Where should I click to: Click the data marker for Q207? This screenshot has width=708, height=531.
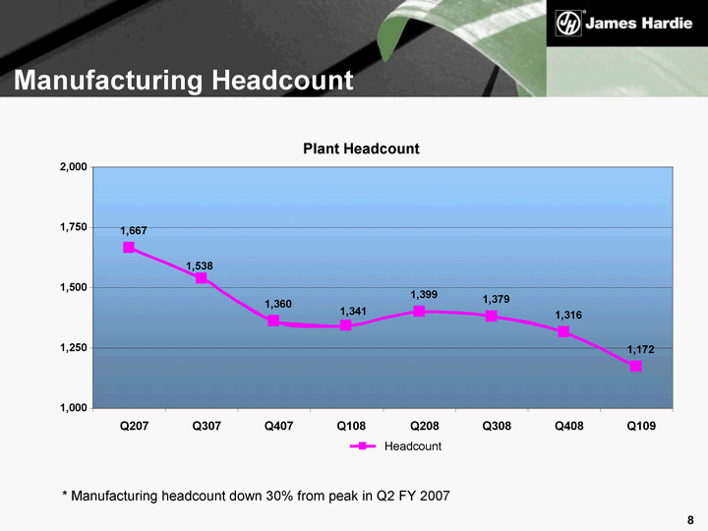coord(129,248)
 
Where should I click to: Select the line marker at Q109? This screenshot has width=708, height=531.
coord(636,366)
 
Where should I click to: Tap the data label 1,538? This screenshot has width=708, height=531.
coord(200,265)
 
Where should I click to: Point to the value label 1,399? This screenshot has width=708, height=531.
coord(424,295)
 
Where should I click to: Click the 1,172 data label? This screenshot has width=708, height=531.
coord(641,349)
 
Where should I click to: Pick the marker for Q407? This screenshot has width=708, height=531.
coord(273,321)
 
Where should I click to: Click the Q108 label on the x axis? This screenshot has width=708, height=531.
coord(351,425)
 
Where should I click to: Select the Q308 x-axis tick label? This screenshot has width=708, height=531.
coord(496,425)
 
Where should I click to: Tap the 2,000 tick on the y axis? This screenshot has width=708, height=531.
coord(74,168)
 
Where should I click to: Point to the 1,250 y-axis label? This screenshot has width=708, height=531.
coord(74,348)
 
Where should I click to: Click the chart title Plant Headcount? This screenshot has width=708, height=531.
coord(360,148)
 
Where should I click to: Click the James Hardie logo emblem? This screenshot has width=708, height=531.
coord(567,22)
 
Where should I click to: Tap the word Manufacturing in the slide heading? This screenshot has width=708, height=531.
coord(102,80)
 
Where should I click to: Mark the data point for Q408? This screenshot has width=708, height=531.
coord(563,331)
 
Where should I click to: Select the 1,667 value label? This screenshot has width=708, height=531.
coord(134,230)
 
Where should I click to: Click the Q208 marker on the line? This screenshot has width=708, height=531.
coord(419,311)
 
